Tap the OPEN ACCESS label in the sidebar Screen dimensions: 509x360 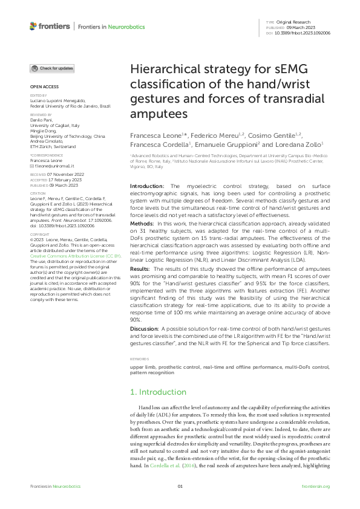point(44,86)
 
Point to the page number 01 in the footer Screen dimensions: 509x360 point(180,487)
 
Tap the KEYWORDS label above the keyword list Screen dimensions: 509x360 point(140,359)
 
